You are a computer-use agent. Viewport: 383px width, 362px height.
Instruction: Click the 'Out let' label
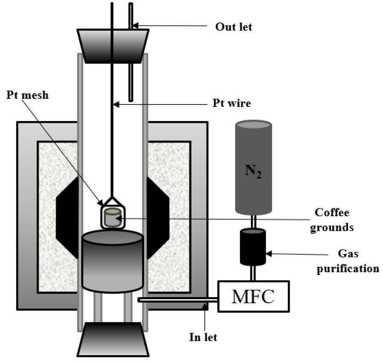(234, 27)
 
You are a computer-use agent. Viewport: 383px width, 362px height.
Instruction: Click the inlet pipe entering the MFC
(177, 300)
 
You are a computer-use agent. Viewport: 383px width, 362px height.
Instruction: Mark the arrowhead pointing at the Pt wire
(116, 105)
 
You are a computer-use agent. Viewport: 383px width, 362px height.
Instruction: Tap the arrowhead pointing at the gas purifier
(270, 253)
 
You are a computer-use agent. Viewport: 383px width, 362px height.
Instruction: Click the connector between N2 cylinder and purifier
(253, 222)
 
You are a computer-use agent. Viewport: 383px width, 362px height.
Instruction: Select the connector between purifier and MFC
(253, 273)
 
